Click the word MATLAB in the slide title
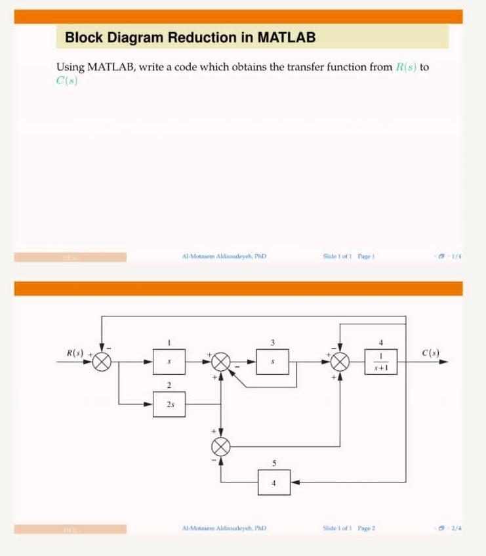pos(287,37)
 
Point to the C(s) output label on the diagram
pos(431,353)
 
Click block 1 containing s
pos(169,361)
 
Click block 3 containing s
pos(272,361)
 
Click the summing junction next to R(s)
pos(102,361)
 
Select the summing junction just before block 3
pos(222,361)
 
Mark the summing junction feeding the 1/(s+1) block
pos(340,361)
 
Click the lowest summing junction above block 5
pos(222,447)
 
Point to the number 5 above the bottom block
pos(273,463)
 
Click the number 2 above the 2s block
pos(169,385)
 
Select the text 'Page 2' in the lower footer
pos(366,528)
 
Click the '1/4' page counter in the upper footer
pos(455,257)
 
